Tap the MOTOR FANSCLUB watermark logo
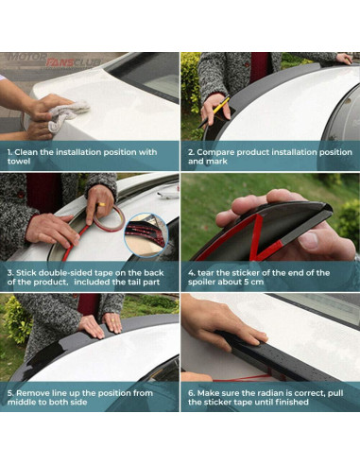tap(54, 60)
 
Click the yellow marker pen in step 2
tap(214, 112)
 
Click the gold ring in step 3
tap(102, 204)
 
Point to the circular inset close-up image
tap(146, 234)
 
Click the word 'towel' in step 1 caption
tap(19, 162)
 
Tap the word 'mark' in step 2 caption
tap(216, 162)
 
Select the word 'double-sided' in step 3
tap(65, 273)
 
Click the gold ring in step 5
tap(112, 319)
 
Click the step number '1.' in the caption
tap(9, 152)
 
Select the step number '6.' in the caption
tap(192, 393)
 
